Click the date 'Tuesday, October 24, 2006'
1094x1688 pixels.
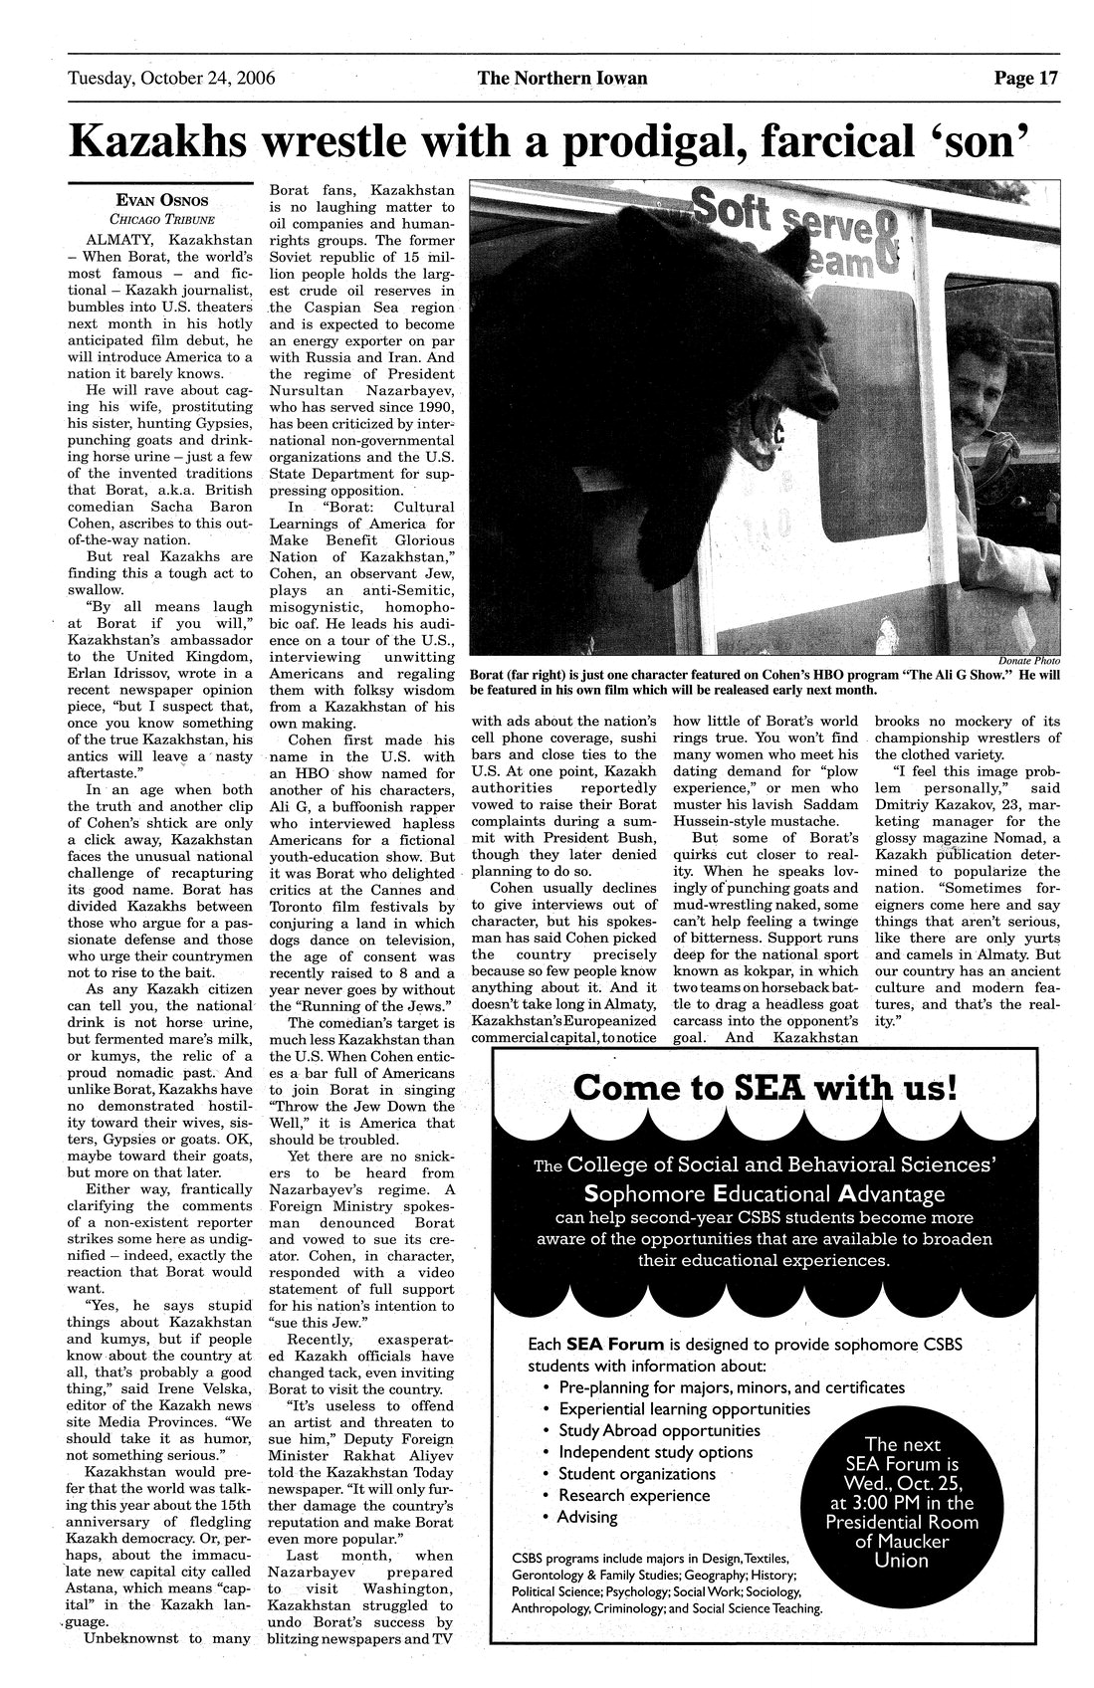[x=171, y=79]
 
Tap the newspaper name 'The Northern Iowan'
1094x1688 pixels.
[x=561, y=79]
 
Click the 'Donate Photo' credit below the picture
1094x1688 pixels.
[x=1027, y=661]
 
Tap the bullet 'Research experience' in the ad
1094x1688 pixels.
[x=634, y=1495]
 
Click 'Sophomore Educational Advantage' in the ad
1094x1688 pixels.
[x=765, y=1192]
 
